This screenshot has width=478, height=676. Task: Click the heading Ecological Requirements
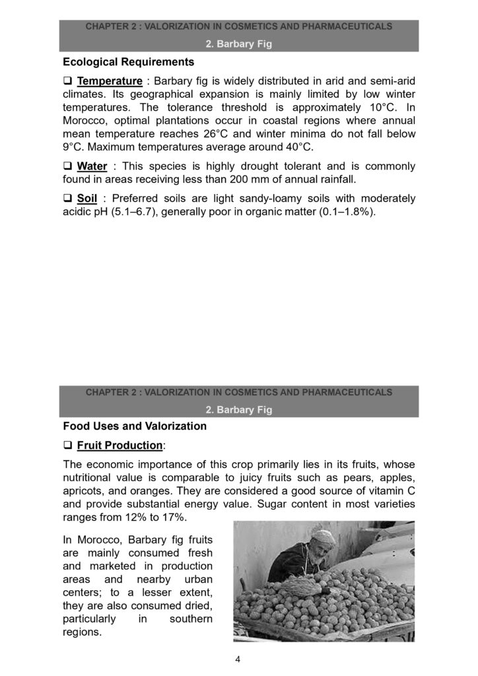click(128, 63)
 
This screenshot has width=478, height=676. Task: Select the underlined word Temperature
click(110, 81)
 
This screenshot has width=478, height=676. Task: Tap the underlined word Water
click(92, 166)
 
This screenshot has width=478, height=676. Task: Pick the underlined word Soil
click(87, 198)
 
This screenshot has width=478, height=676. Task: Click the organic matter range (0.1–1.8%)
click(345, 211)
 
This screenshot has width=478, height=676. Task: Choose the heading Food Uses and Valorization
click(135, 426)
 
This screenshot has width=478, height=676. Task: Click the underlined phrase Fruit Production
click(119, 445)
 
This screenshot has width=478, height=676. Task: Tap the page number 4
click(238, 658)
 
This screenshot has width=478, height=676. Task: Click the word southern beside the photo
click(191, 619)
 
